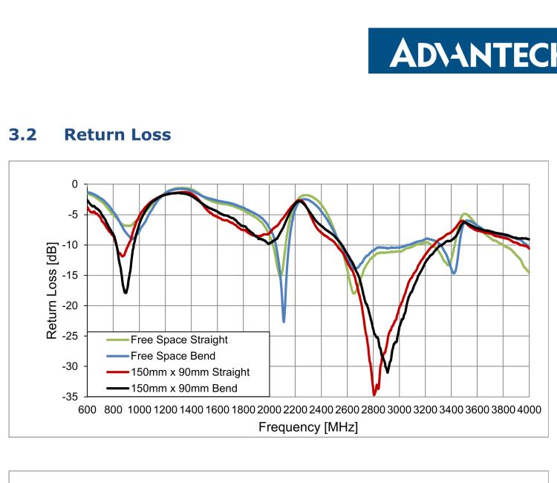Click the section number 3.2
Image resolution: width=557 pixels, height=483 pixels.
[22, 135]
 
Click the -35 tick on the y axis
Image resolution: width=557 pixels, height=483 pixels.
[71, 398]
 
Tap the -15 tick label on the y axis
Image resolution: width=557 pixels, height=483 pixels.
[71, 276]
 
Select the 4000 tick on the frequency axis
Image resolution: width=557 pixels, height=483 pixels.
[528, 411]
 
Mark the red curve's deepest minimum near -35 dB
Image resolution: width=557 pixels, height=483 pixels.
[375, 394]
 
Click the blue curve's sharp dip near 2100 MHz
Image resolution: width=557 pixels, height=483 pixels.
[284, 321]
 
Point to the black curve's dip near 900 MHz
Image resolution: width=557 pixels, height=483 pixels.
[126, 292]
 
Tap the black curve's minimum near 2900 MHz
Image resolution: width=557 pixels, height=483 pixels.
[387, 372]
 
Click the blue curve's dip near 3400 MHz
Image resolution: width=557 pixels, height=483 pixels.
[454, 273]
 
